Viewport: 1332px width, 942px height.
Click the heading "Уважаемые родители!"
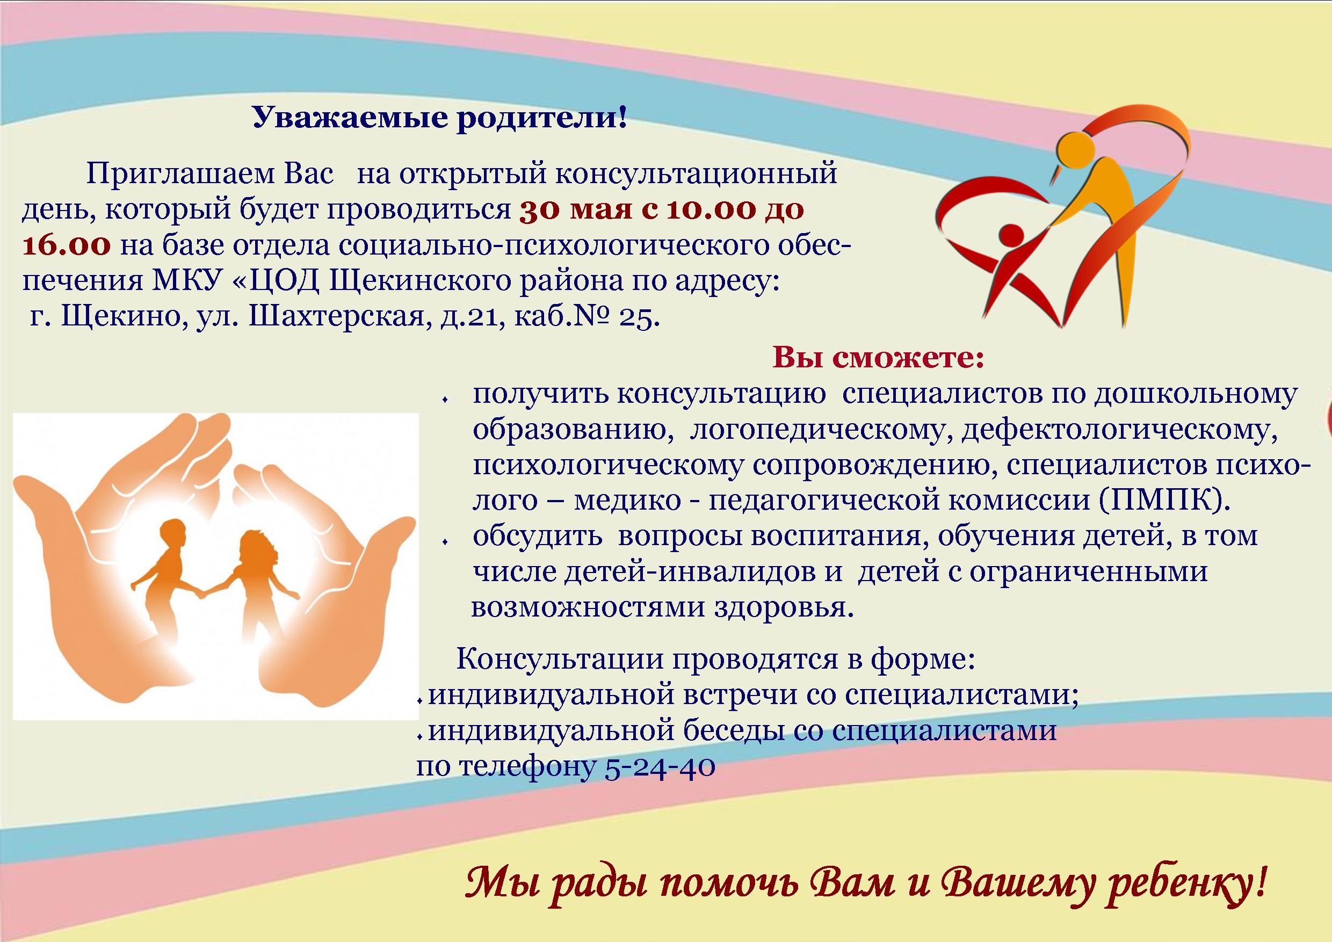click(440, 118)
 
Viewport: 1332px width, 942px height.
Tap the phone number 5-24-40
click(659, 767)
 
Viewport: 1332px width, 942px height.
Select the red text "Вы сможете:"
click(879, 358)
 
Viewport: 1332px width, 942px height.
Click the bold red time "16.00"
click(66, 245)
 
